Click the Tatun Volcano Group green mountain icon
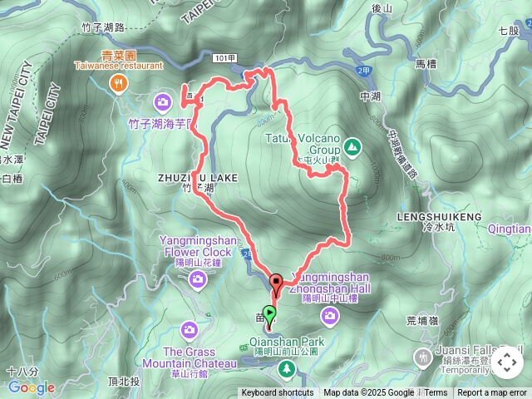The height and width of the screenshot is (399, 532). point(352,147)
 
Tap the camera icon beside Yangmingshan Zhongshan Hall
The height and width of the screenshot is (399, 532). point(331,314)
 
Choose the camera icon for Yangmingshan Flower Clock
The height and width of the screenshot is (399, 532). point(198,278)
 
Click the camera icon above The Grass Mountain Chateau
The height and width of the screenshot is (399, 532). point(190,331)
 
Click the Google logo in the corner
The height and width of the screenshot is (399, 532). point(31,387)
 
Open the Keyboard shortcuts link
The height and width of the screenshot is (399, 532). point(278,393)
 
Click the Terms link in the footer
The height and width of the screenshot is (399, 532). point(436,393)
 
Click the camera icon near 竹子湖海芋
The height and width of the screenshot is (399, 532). point(163,102)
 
